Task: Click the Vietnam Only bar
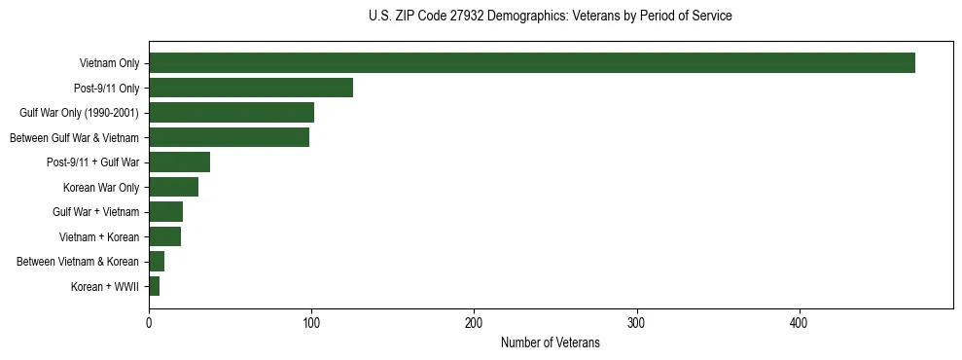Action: tap(531, 63)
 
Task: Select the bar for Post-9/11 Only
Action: tap(251, 88)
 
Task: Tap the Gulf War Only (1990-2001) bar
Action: tap(232, 113)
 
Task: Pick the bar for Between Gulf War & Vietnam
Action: tap(229, 137)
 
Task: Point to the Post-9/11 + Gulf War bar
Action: tap(179, 162)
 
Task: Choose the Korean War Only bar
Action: tap(173, 187)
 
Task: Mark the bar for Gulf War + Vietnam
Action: tap(165, 212)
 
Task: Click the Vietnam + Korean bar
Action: tap(164, 236)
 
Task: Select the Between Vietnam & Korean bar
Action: tap(157, 262)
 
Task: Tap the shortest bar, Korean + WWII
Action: tap(154, 286)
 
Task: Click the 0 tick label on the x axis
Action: tap(149, 323)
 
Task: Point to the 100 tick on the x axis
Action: tap(311, 323)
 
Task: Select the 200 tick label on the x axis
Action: tap(474, 323)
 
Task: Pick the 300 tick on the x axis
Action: tap(636, 323)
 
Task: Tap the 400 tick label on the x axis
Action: tap(799, 323)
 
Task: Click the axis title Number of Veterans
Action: tap(550, 343)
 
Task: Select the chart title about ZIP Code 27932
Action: tap(550, 17)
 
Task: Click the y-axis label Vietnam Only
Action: tap(109, 63)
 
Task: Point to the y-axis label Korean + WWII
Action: tap(105, 287)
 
